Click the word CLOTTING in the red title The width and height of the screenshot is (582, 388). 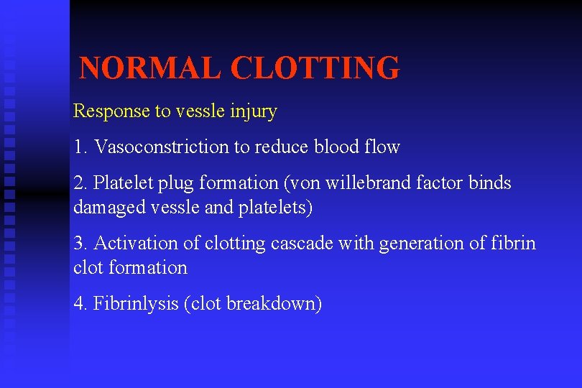(x=315, y=68)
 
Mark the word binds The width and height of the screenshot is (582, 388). (x=490, y=183)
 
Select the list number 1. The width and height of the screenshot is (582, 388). (x=80, y=147)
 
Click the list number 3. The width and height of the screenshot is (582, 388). (x=80, y=244)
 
